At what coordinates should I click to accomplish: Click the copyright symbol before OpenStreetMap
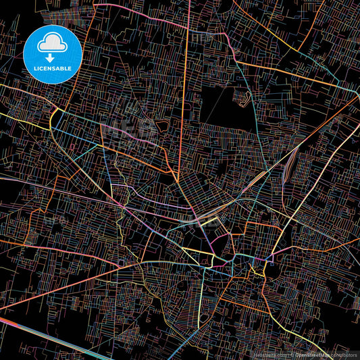coord(292,353)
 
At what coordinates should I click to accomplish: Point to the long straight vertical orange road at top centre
coord(184,81)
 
